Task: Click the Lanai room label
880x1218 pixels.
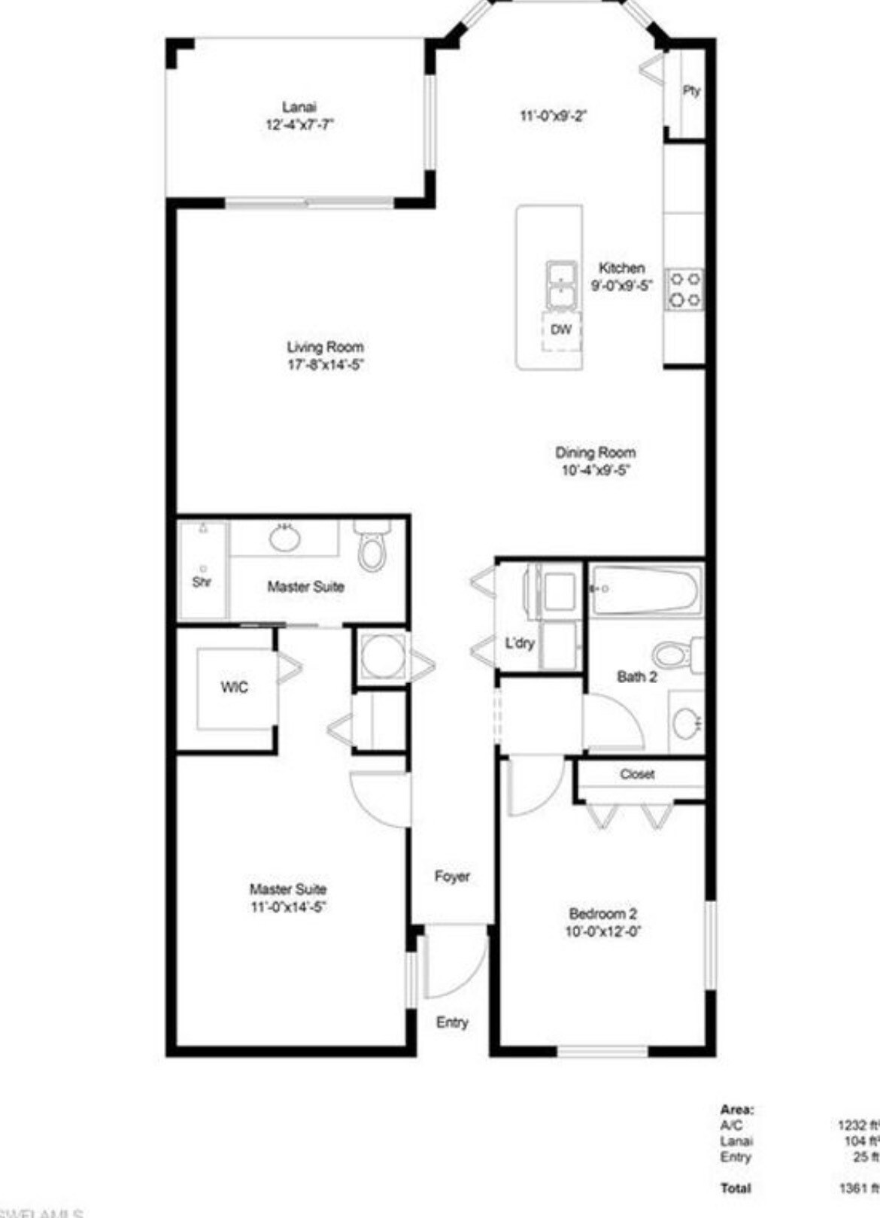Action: [299, 108]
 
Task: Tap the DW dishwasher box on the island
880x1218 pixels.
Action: [561, 330]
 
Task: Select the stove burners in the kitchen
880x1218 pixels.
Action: [684, 290]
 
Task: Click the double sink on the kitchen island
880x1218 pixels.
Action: [562, 284]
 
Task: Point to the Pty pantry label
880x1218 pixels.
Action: [691, 91]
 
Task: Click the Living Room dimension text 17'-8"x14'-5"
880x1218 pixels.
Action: [326, 365]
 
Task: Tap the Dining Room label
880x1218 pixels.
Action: [595, 452]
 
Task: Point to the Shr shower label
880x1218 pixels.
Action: [202, 582]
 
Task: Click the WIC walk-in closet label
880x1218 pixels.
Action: [234, 687]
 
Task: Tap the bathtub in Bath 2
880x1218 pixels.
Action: [646, 590]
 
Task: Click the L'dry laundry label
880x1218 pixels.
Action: [520, 643]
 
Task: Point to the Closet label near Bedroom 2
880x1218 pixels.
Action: [637, 774]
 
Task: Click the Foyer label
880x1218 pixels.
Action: [452, 876]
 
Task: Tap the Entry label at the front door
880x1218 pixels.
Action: [452, 1022]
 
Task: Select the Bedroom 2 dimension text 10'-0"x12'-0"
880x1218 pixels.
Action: [603, 931]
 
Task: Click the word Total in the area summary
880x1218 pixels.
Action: [736, 1188]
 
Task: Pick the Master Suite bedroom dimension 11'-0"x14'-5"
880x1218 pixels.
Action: [288, 907]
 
